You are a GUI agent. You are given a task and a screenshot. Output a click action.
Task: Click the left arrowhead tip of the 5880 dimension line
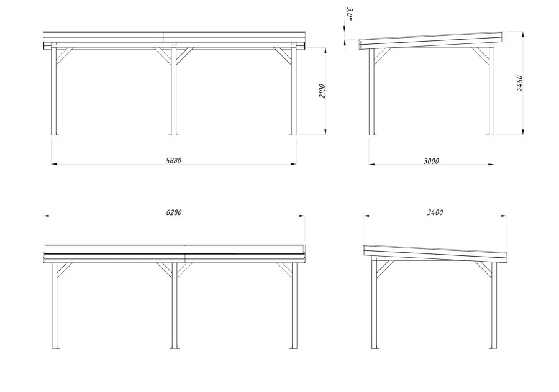pyautogui.click(x=52, y=164)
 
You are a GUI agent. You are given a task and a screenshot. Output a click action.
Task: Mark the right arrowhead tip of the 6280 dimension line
pyautogui.click(x=305, y=216)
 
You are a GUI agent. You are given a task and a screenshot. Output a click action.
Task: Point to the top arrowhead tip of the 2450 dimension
pyautogui.click(x=522, y=32)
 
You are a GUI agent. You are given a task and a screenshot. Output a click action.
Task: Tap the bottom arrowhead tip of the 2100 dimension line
pyautogui.click(x=325, y=135)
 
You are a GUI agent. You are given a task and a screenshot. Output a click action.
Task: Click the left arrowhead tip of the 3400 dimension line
pyautogui.click(x=363, y=216)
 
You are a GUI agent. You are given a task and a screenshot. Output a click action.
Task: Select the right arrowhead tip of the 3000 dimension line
pyautogui.click(x=494, y=164)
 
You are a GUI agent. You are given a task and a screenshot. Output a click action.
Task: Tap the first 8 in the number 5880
pyautogui.click(x=171, y=161)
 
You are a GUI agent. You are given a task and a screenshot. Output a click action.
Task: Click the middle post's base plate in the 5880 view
pyautogui.click(x=174, y=134)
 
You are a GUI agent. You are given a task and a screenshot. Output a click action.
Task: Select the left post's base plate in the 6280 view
pyautogui.click(x=55, y=348)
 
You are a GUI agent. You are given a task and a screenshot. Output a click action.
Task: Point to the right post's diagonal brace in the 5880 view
pyautogui.click(x=283, y=57)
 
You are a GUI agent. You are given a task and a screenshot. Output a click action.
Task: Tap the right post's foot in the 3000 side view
pyautogui.click(x=491, y=134)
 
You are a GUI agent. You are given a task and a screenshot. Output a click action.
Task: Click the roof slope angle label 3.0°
pyautogui.click(x=350, y=14)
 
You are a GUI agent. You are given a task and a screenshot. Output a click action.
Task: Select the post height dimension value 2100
pyautogui.click(x=322, y=91)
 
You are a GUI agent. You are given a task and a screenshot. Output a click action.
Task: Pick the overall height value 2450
pyautogui.click(x=519, y=83)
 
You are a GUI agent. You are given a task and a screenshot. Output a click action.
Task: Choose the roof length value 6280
pyautogui.click(x=174, y=212)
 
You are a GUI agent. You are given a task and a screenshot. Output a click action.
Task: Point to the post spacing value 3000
pyautogui.click(x=431, y=162)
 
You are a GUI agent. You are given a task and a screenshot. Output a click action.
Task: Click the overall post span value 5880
pyautogui.click(x=174, y=161)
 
